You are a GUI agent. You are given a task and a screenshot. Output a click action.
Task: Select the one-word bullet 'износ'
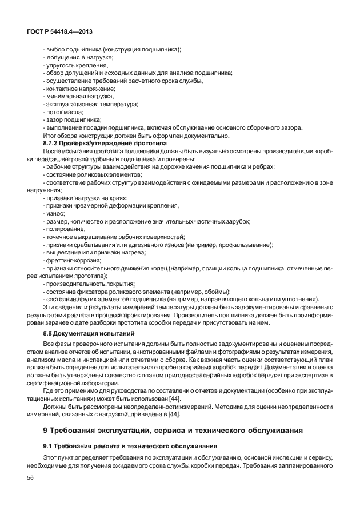coord(55,213)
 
